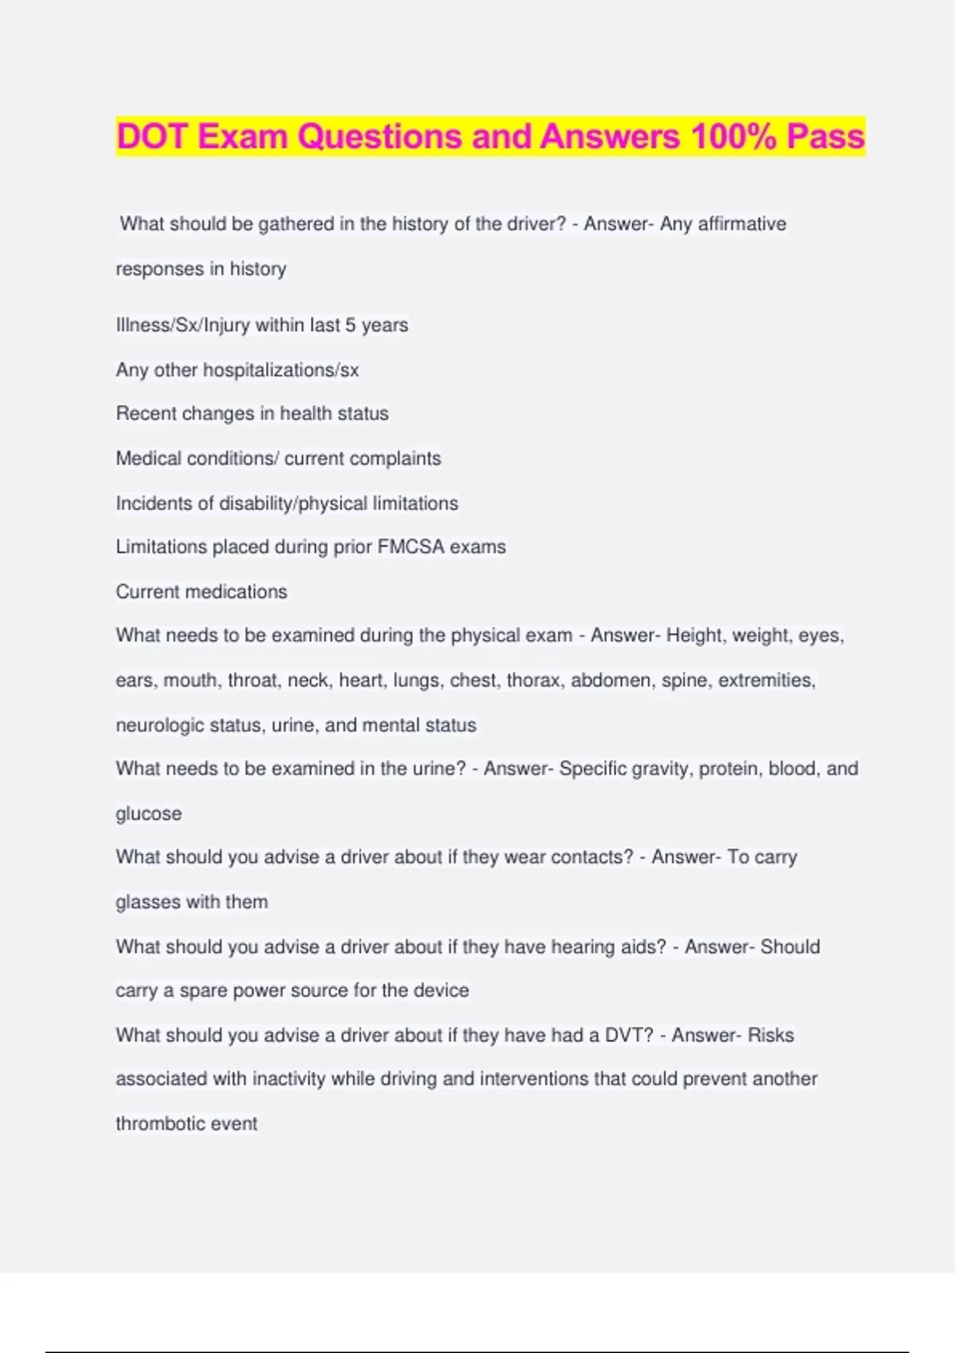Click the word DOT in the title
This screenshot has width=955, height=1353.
point(152,136)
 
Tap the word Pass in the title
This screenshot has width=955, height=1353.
point(825,136)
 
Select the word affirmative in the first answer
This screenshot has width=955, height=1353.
point(742,224)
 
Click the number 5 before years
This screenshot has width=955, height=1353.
point(350,325)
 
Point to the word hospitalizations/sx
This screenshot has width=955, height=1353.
point(281,370)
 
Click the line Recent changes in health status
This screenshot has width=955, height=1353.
point(252,414)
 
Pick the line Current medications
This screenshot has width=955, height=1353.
point(201,591)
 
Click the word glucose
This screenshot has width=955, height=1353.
point(149,813)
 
